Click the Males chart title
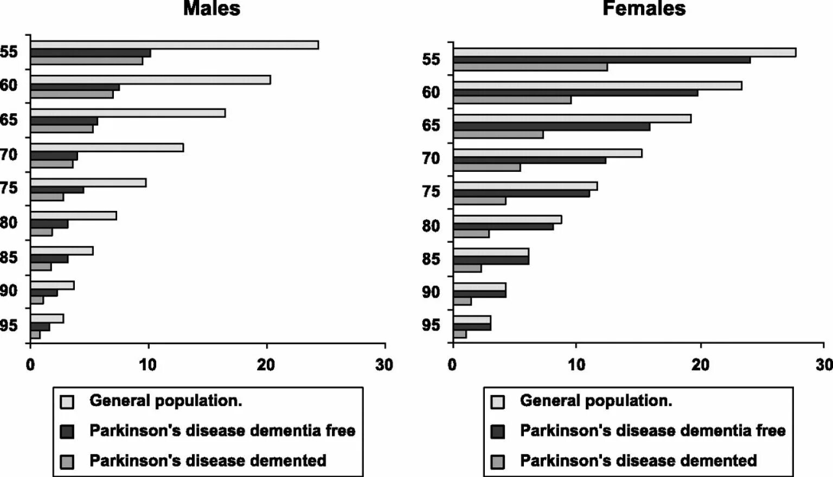(x=212, y=8)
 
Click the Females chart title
(x=644, y=8)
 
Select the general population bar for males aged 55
(x=174, y=45)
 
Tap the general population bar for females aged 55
(x=624, y=53)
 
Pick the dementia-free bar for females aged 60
(x=575, y=93)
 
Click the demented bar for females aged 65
(x=498, y=134)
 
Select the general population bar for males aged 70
(x=107, y=147)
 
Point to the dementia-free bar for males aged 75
(x=57, y=190)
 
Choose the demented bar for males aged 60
(x=72, y=94)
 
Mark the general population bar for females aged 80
(x=507, y=220)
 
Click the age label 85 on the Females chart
(x=431, y=259)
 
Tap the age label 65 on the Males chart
(x=9, y=120)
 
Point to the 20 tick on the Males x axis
(x=266, y=365)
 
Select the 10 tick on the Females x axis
(x=576, y=365)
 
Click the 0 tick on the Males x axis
(x=30, y=365)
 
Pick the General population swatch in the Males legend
(x=67, y=402)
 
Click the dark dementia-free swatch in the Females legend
(x=497, y=431)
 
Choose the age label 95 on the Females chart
(x=431, y=325)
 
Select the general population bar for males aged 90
(x=52, y=286)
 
